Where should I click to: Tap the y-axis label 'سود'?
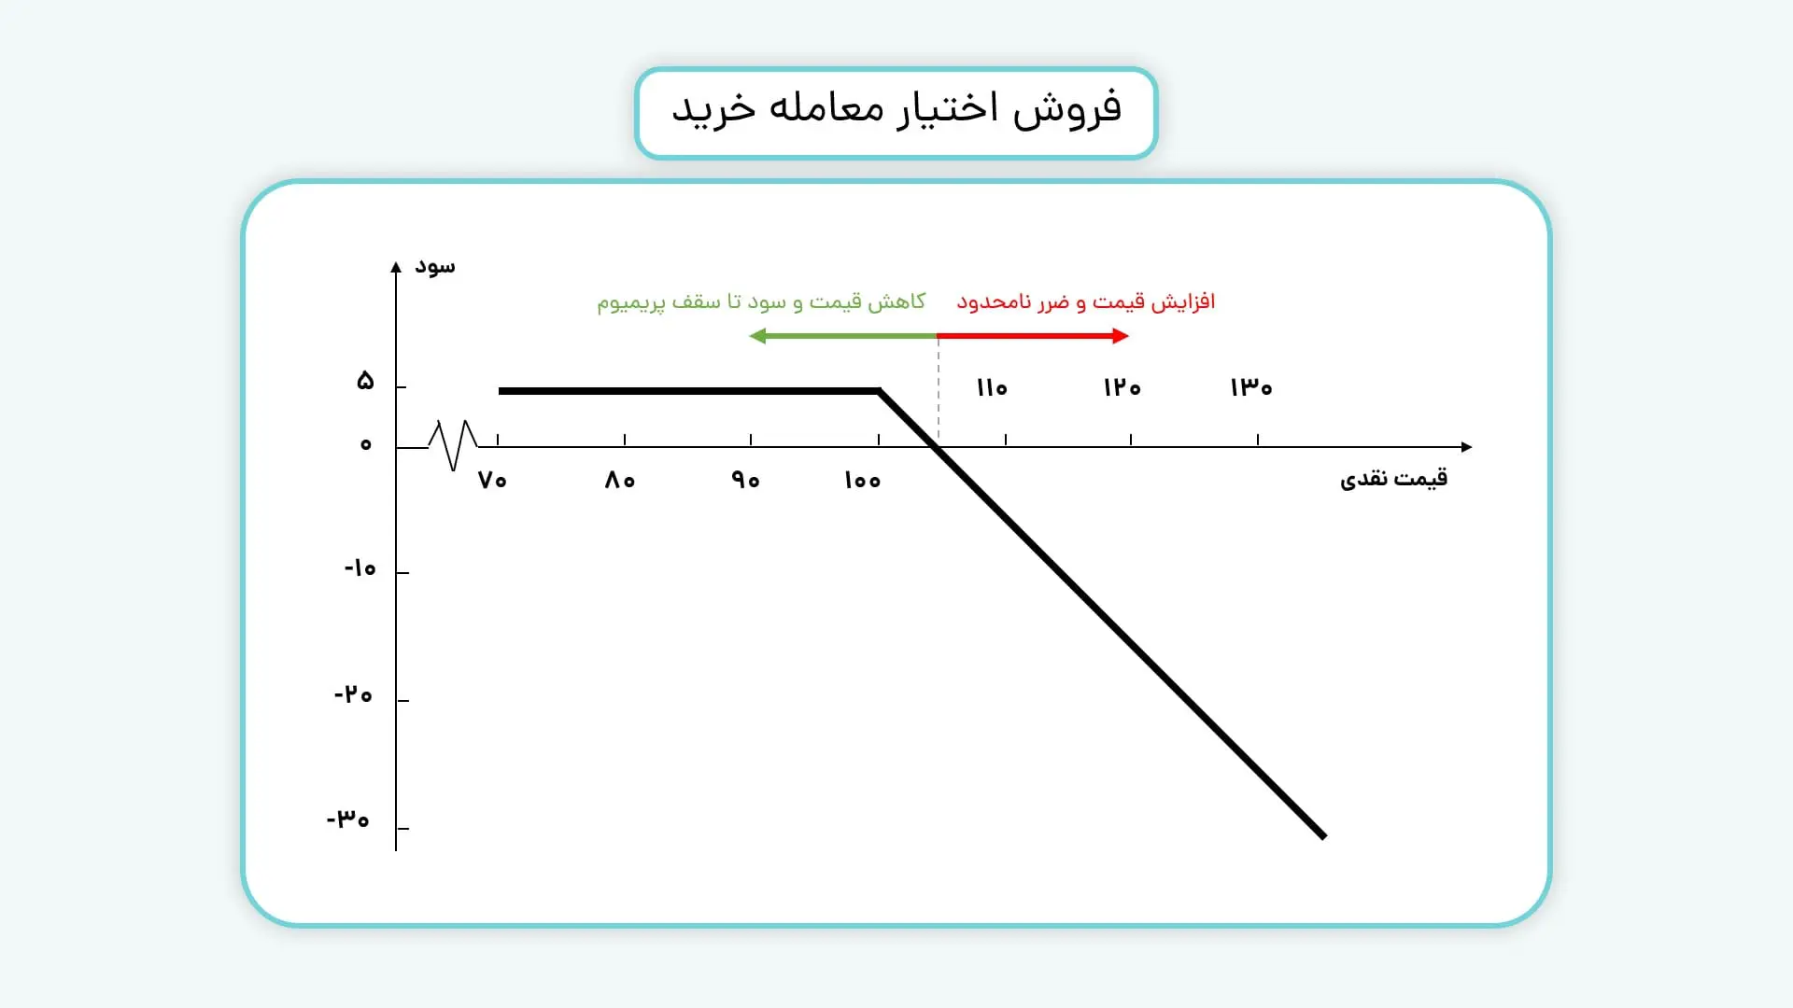[435, 267]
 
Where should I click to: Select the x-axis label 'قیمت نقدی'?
[1393, 479]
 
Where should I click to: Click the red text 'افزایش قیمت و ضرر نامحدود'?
[1085, 302]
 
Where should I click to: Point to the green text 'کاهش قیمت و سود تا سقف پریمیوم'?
[761, 302]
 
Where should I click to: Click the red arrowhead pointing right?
[1121, 336]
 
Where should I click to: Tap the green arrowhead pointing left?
[757, 336]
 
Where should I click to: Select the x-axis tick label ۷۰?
[492, 481]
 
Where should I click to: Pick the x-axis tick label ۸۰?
[619, 481]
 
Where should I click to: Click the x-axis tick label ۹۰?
[745, 481]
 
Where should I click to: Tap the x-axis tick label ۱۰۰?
[862, 481]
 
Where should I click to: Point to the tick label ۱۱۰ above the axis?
[991, 387]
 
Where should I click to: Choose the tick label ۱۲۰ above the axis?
[1122, 387]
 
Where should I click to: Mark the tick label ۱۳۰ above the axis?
[1250, 387]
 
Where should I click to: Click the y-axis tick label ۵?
[365, 381]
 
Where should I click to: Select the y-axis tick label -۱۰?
[360, 568]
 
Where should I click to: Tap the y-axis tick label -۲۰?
[353, 695]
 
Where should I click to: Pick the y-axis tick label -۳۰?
[348, 819]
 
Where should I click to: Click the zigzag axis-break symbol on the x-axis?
[453, 445]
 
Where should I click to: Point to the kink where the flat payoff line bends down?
[879, 391]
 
